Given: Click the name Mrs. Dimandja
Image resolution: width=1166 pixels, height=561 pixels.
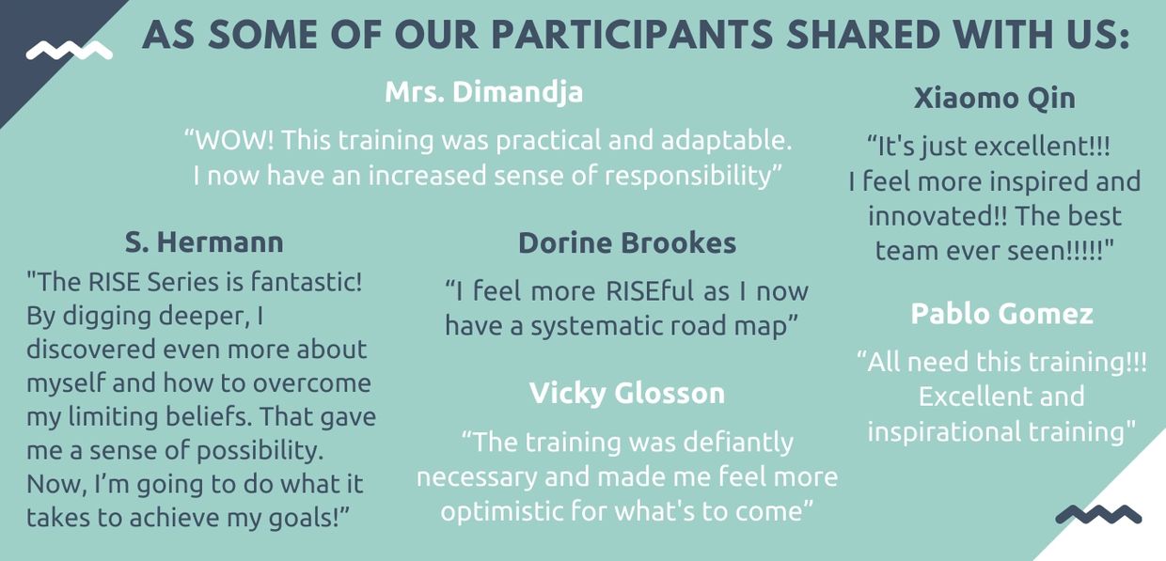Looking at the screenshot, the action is (483, 93).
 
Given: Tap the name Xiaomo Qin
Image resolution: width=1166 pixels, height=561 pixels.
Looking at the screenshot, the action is (994, 99).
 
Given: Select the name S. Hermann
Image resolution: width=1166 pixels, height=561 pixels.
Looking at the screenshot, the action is (204, 242).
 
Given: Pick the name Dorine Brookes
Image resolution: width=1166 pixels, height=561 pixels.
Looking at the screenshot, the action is (626, 243).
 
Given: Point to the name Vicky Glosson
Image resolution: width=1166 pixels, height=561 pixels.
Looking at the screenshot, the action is (626, 394).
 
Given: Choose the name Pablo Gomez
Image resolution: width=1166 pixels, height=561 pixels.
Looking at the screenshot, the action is (1001, 314).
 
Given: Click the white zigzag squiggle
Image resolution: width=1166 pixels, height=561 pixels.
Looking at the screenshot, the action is (70, 51).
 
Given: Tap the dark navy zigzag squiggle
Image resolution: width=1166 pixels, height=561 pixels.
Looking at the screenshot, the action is (1098, 514).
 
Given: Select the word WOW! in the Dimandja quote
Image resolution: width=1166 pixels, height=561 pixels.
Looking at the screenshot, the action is (233, 140).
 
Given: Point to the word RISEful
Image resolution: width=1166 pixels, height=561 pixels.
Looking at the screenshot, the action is (650, 291).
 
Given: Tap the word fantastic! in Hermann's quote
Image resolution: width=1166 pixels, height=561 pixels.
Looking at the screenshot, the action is (307, 283).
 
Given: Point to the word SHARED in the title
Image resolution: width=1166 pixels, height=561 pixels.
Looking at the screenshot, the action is (863, 35).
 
